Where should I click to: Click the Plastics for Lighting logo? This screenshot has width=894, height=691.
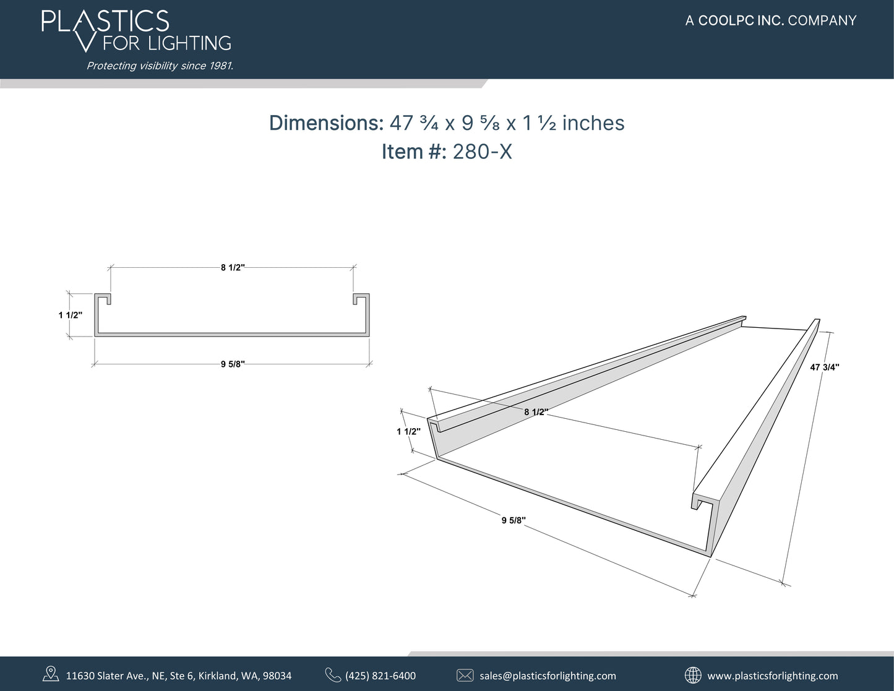tap(136, 31)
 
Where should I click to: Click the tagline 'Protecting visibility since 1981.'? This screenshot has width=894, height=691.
tap(160, 66)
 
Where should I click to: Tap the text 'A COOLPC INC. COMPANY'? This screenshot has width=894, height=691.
tap(771, 20)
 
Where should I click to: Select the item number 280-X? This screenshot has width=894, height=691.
tap(482, 152)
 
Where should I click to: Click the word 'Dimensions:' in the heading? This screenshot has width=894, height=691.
tap(326, 123)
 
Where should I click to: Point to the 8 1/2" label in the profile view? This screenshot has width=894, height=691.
tap(233, 268)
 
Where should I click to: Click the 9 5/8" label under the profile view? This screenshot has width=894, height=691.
tap(233, 364)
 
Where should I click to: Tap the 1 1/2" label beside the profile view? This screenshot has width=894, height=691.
tap(71, 315)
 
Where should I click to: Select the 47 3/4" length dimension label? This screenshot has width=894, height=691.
tap(825, 367)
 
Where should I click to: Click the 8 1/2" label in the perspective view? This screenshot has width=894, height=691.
tap(536, 412)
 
